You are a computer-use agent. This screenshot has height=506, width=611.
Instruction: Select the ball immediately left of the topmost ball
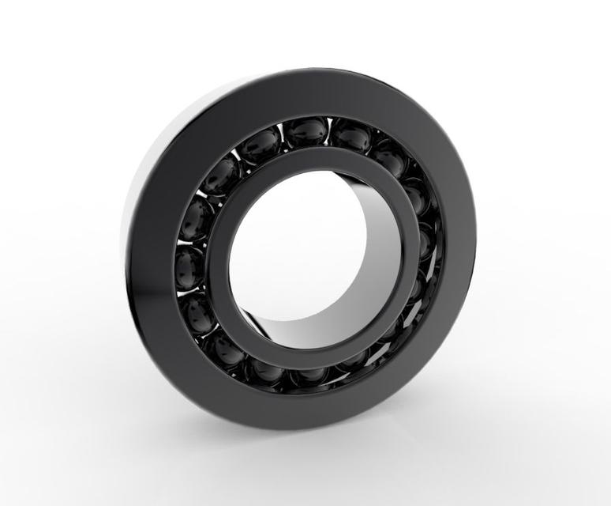[261, 146]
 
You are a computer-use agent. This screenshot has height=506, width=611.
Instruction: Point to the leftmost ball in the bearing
[189, 266]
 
